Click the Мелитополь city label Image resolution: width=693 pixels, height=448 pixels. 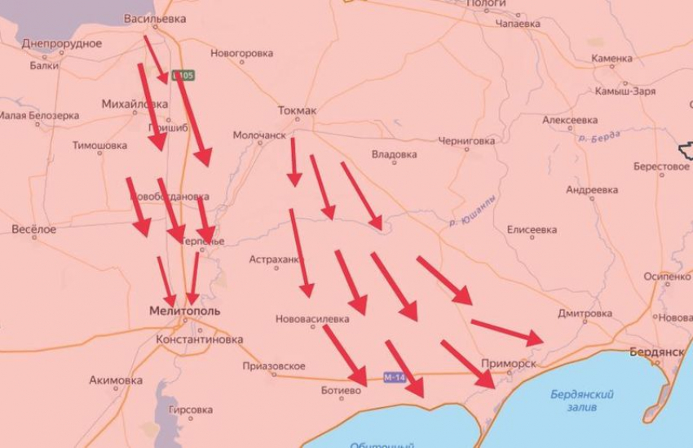[x=185, y=312]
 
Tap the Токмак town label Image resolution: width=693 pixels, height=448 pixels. [x=296, y=111]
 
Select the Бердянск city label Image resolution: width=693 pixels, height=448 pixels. [x=656, y=352]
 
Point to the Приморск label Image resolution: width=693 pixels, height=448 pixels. [x=509, y=364]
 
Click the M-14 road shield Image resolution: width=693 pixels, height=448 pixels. [x=395, y=377]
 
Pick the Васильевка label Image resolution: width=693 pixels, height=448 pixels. [x=155, y=18]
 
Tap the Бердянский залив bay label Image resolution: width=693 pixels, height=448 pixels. [x=578, y=399]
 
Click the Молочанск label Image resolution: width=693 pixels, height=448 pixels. [x=259, y=135]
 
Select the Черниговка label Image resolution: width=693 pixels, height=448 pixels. [x=466, y=141]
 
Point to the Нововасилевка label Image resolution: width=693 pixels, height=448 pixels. [x=312, y=318]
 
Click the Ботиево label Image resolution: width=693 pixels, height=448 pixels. [x=341, y=391]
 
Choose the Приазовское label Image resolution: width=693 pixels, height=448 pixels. [x=274, y=366]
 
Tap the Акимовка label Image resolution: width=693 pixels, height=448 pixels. [x=116, y=380]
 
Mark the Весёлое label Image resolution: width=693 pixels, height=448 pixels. [x=34, y=230]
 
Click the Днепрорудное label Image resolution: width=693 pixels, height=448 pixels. [x=62, y=43]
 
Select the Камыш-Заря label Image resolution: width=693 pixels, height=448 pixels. [x=625, y=91]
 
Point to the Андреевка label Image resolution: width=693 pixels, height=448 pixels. [x=592, y=190]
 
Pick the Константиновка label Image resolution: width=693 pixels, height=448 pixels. [x=200, y=339]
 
